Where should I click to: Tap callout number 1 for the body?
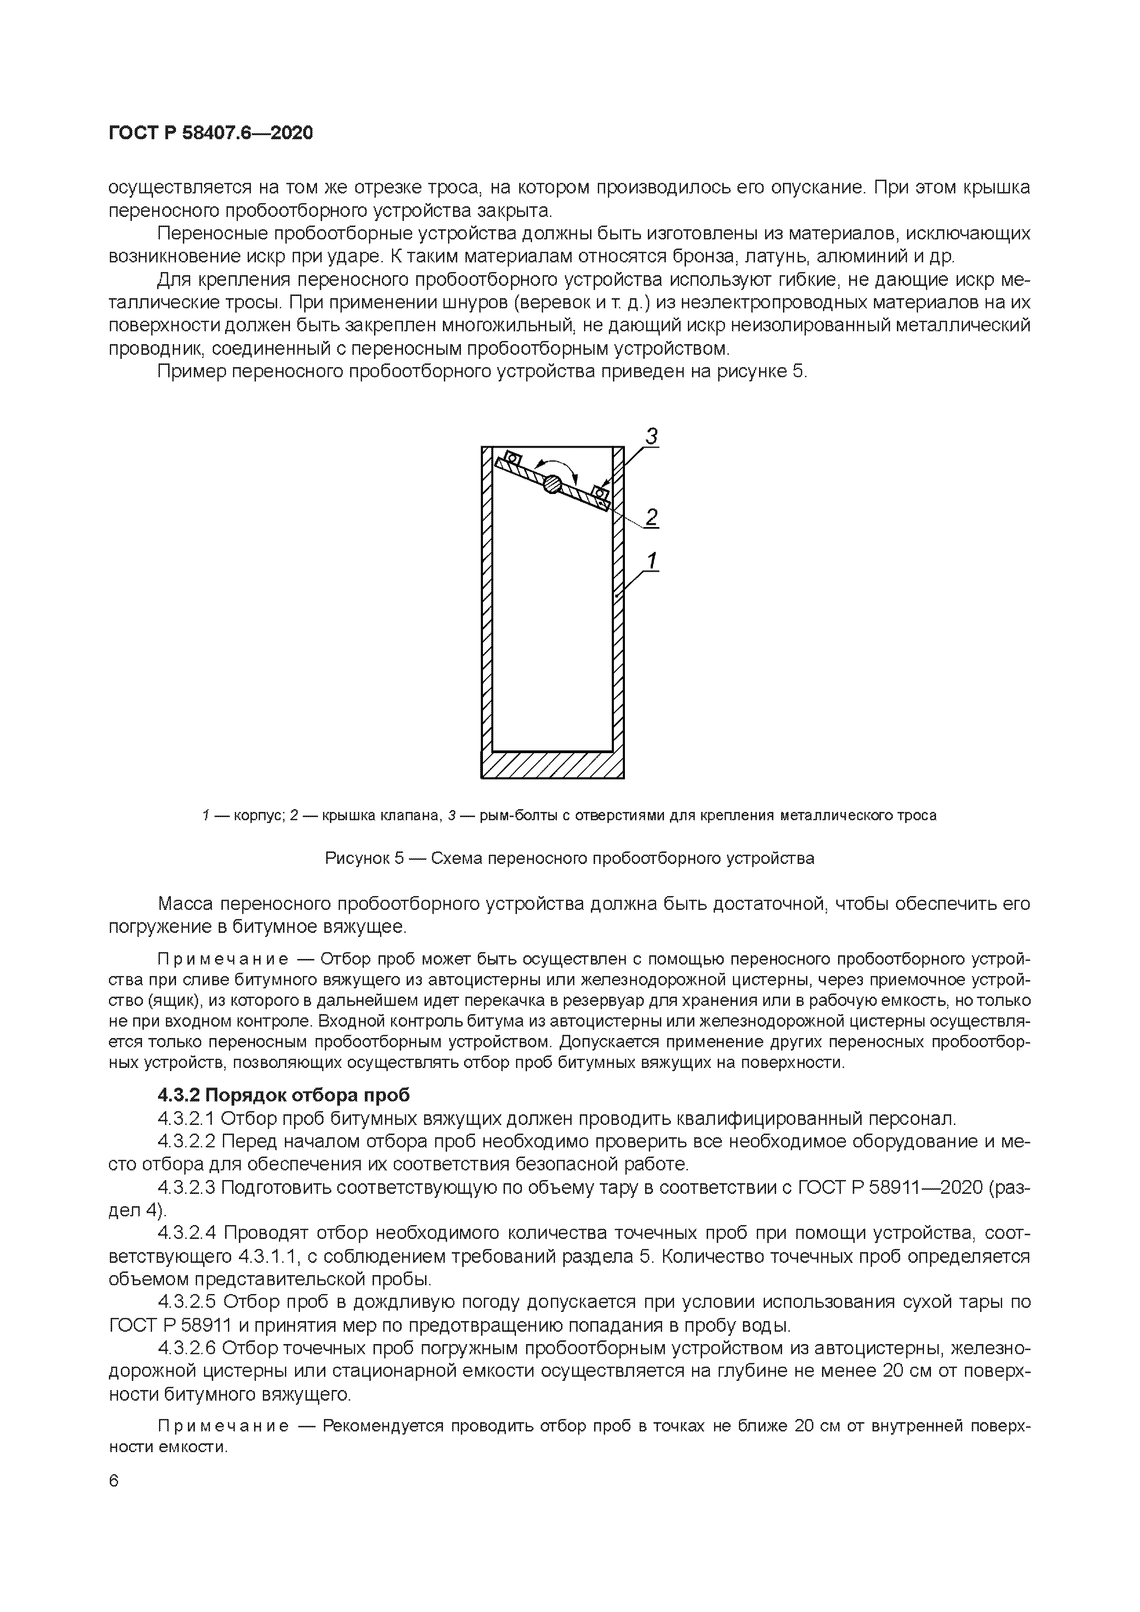(652, 562)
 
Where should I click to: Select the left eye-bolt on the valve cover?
(512, 459)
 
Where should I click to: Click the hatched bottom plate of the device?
(552, 765)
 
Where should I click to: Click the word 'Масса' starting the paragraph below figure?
(186, 903)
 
